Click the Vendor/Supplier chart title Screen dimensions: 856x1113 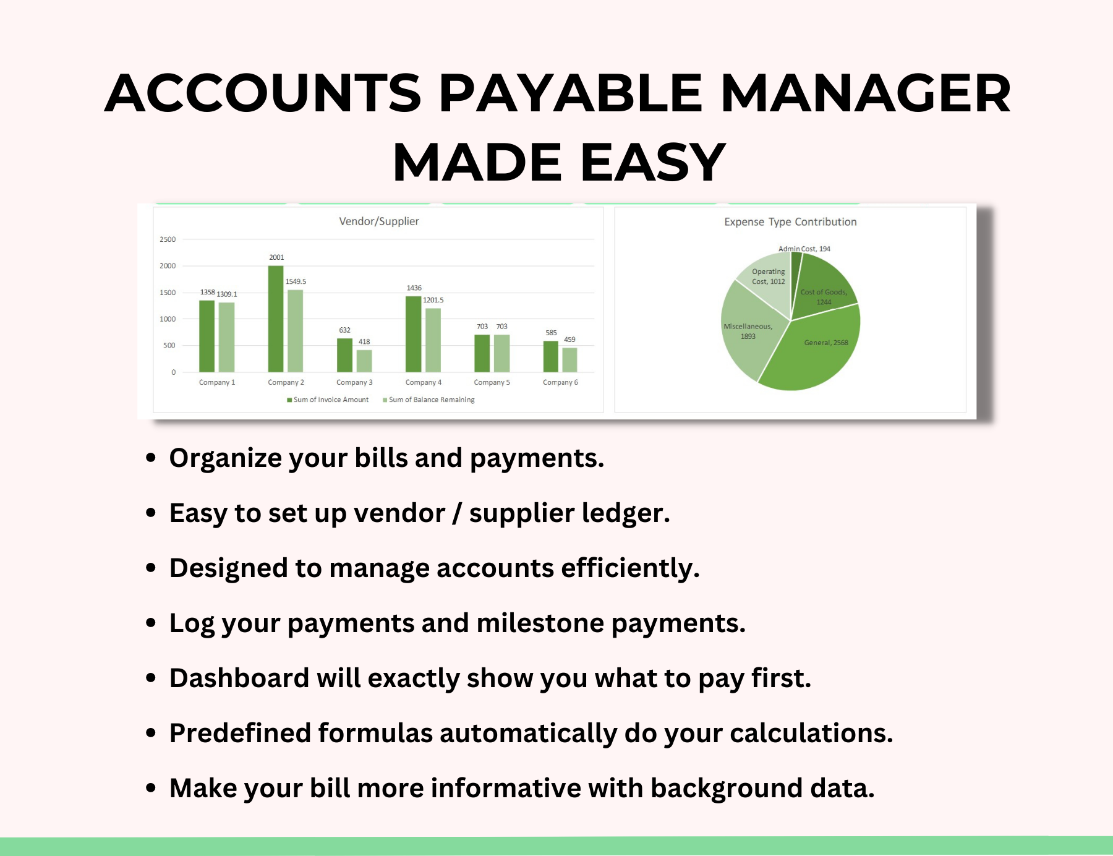378,221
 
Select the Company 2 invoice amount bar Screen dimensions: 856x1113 276,319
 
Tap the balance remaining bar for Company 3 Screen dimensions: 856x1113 364,361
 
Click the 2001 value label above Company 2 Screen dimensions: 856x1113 276,257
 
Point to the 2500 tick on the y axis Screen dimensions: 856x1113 168,239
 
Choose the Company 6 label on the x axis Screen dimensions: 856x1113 560,382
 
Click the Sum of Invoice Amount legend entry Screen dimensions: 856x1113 328,400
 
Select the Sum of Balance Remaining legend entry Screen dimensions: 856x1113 429,400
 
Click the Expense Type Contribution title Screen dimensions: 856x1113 790,222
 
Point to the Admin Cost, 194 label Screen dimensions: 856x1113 804,249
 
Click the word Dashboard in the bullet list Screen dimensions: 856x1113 239,678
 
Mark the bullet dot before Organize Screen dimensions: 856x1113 151,458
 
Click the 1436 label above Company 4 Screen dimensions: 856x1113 414,288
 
